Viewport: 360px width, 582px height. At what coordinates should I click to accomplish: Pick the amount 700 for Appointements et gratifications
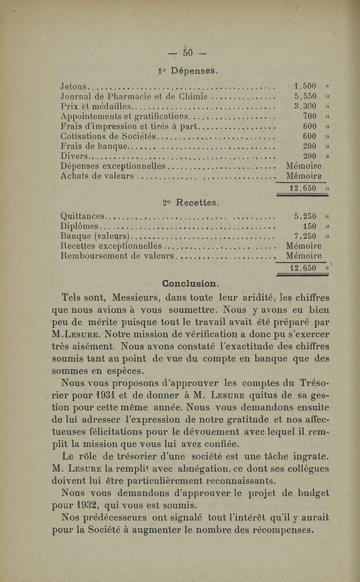(x=310, y=117)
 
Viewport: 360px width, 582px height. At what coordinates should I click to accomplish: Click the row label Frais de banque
(x=94, y=146)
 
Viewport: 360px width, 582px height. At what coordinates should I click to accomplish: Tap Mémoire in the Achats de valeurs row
(x=304, y=176)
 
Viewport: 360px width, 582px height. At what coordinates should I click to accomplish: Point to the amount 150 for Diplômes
(x=310, y=226)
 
